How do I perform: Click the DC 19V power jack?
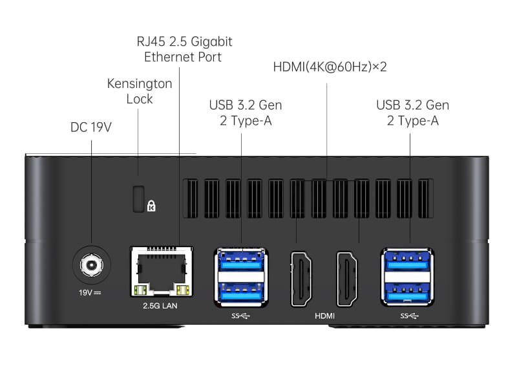pos(92,265)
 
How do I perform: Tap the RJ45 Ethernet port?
pos(162,271)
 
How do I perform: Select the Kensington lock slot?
pos(138,199)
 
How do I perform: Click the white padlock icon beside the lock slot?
pos(151,206)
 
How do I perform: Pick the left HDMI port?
pos(301,279)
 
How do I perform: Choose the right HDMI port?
pos(346,279)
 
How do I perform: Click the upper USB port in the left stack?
pos(241,261)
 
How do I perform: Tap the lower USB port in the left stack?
pos(241,292)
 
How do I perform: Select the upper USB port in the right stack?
pos(408,261)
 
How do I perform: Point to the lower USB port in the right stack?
pos(408,292)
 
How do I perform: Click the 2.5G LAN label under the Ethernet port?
pos(160,306)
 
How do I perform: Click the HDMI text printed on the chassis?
pos(324,316)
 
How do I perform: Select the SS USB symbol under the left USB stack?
pos(240,316)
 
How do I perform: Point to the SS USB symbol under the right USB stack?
pos(409,316)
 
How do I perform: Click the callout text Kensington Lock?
pos(140,91)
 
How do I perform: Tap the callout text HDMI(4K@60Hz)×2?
pos(330,67)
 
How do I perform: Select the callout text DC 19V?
pos(91,127)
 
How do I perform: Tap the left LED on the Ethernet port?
pos(140,290)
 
